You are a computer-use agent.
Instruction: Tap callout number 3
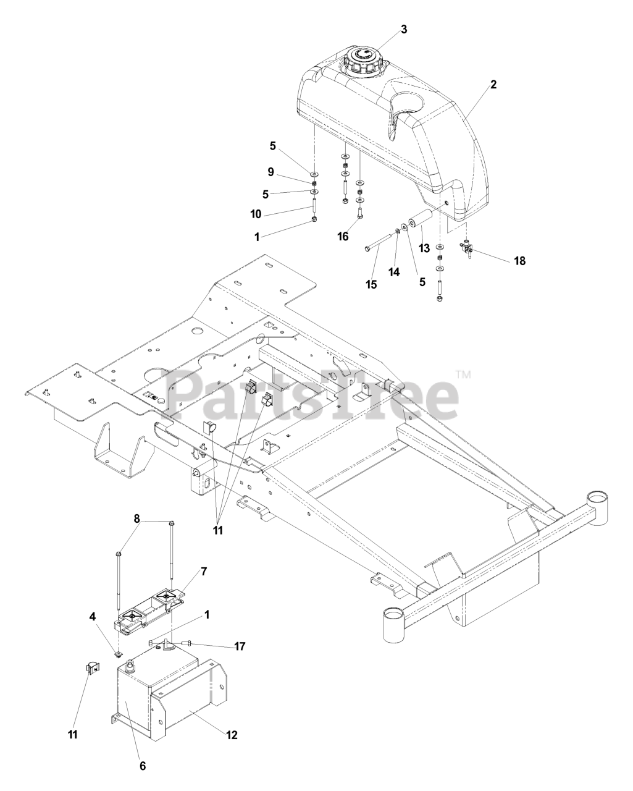point(404,29)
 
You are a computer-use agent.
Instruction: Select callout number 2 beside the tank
point(493,85)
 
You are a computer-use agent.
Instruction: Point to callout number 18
point(519,261)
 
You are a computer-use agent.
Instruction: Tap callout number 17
point(240,646)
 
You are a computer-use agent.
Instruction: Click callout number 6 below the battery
point(143,766)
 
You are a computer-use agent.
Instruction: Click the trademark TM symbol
point(463,374)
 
